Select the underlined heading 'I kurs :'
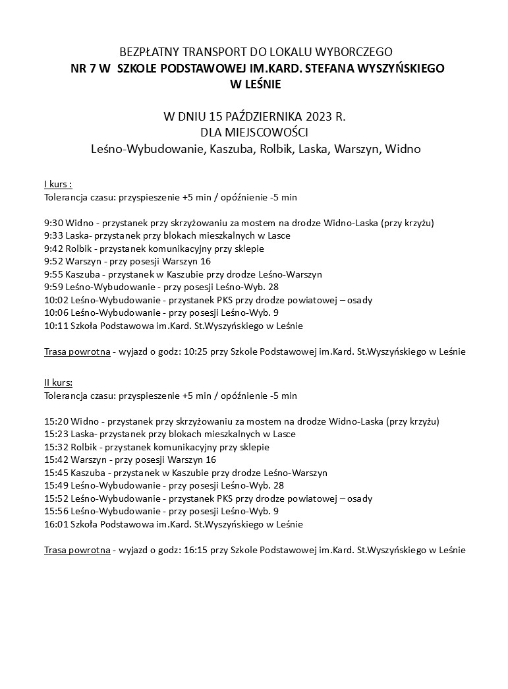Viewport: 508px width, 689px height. tap(57, 183)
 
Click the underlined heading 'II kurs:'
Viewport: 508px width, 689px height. tap(59, 382)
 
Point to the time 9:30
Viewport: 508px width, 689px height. tap(53, 222)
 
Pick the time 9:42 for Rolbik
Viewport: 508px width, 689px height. tap(53, 248)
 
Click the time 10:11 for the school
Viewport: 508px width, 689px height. tap(56, 326)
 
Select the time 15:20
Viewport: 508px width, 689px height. tap(56, 421)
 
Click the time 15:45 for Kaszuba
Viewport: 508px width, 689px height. tap(56, 473)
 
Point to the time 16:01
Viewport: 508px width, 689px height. tap(56, 524)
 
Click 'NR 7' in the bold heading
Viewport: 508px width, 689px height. tap(82, 68)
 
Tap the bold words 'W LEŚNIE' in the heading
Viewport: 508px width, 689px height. tap(254, 84)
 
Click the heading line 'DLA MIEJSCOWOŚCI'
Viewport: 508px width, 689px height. tap(254, 133)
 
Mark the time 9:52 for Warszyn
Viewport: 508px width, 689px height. tap(53, 261)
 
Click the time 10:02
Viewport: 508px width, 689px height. tap(56, 300)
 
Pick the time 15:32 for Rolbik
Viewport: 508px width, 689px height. tap(56, 447)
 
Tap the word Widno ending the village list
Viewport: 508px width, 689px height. tap(402, 150)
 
